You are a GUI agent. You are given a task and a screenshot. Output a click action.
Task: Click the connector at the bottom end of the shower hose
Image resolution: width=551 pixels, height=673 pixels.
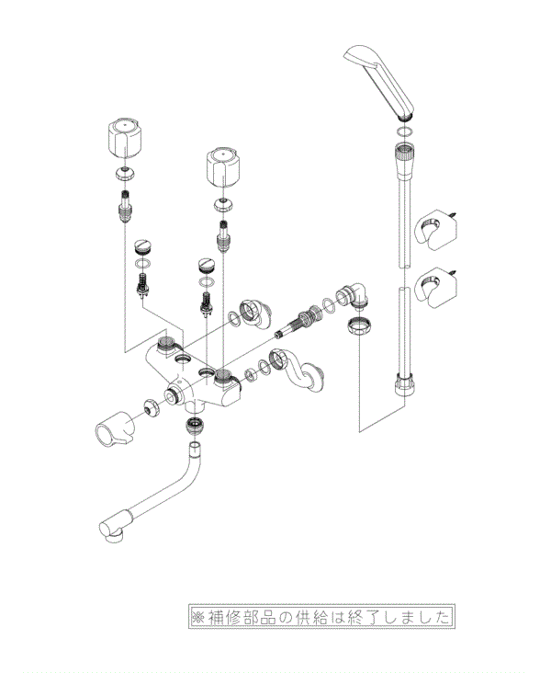pos(403,381)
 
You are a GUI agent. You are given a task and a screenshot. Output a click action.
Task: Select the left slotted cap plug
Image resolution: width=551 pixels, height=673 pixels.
pos(142,246)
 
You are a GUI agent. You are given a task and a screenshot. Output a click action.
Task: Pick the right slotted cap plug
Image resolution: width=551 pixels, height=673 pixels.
pos(206,266)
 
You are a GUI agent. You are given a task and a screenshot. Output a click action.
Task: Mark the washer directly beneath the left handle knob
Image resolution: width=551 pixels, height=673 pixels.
pos(125,174)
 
